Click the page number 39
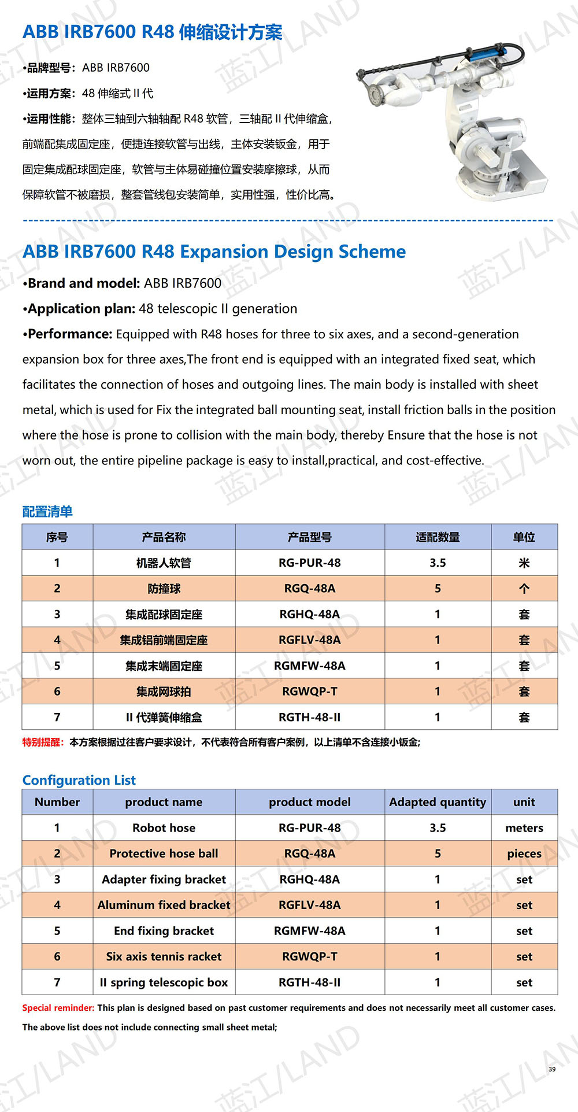pyautogui.click(x=552, y=1069)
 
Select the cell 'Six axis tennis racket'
pyautogui.click(x=164, y=956)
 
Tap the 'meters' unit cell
pyautogui.click(x=524, y=827)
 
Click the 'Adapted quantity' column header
pyautogui.click(x=438, y=802)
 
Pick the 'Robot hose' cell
pyautogui.click(x=164, y=827)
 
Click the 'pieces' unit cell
pyautogui.click(x=524, y=854)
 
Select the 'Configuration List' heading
pyautogui.click(x=79, y=780)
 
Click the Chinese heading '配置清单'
pyautogui.click(x=47, y=511)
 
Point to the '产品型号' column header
pyautogui.click(x=309, y=537)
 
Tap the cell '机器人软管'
pyautogui.click(x=164, y=563)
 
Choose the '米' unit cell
pyautogui.click(x=524, y=563)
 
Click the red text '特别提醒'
pyautogui.click(x=42, y=742)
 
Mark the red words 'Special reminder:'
pyautogui.click(x=58, y=1007)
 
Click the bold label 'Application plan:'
pyautogui.click(x=82, y=309)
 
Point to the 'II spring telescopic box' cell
pyautogui.click(x=164, y=982)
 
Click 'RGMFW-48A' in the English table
pyautogui.click(x=309, y=930)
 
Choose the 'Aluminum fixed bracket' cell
pyautogui.click(x=164, y=905)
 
